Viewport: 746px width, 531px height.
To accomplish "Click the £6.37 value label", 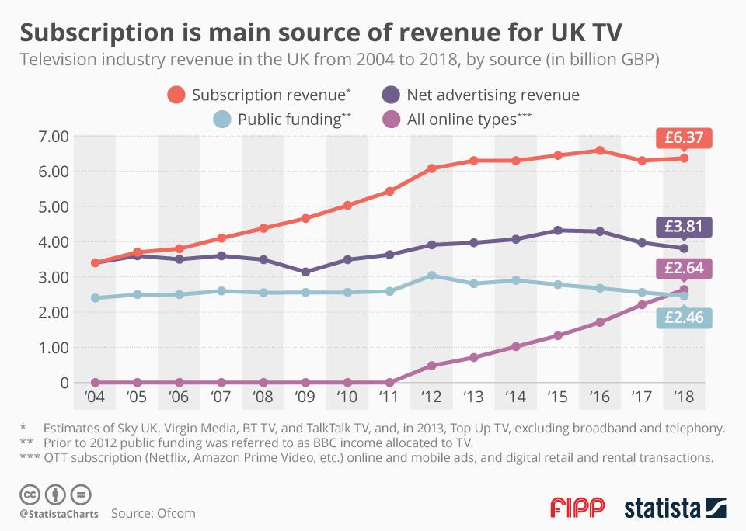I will tap(683, 137).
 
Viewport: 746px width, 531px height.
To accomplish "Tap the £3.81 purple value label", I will tap(683, 227).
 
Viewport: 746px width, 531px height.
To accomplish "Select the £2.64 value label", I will tap(683, 269).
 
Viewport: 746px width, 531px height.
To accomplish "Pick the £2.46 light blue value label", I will tap(683, 317).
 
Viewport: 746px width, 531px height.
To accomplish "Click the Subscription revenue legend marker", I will tap(176, 95).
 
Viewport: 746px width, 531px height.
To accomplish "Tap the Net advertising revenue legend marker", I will tap(391, 95).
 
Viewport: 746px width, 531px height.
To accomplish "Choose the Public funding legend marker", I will tap(222, 120).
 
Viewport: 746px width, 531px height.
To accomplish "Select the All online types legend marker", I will tap(391, 120).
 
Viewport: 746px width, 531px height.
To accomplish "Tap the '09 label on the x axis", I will tap(305, 397).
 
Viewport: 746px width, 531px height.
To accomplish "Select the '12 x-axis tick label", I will tap(431, 397).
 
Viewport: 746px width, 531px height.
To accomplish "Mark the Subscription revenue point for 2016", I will tap(600, 150).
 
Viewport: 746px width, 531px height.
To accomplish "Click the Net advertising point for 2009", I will tap(305, 272).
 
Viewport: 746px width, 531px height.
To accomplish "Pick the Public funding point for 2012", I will tap(431, 276).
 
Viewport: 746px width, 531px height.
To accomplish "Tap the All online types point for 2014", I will tap(516, 346).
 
